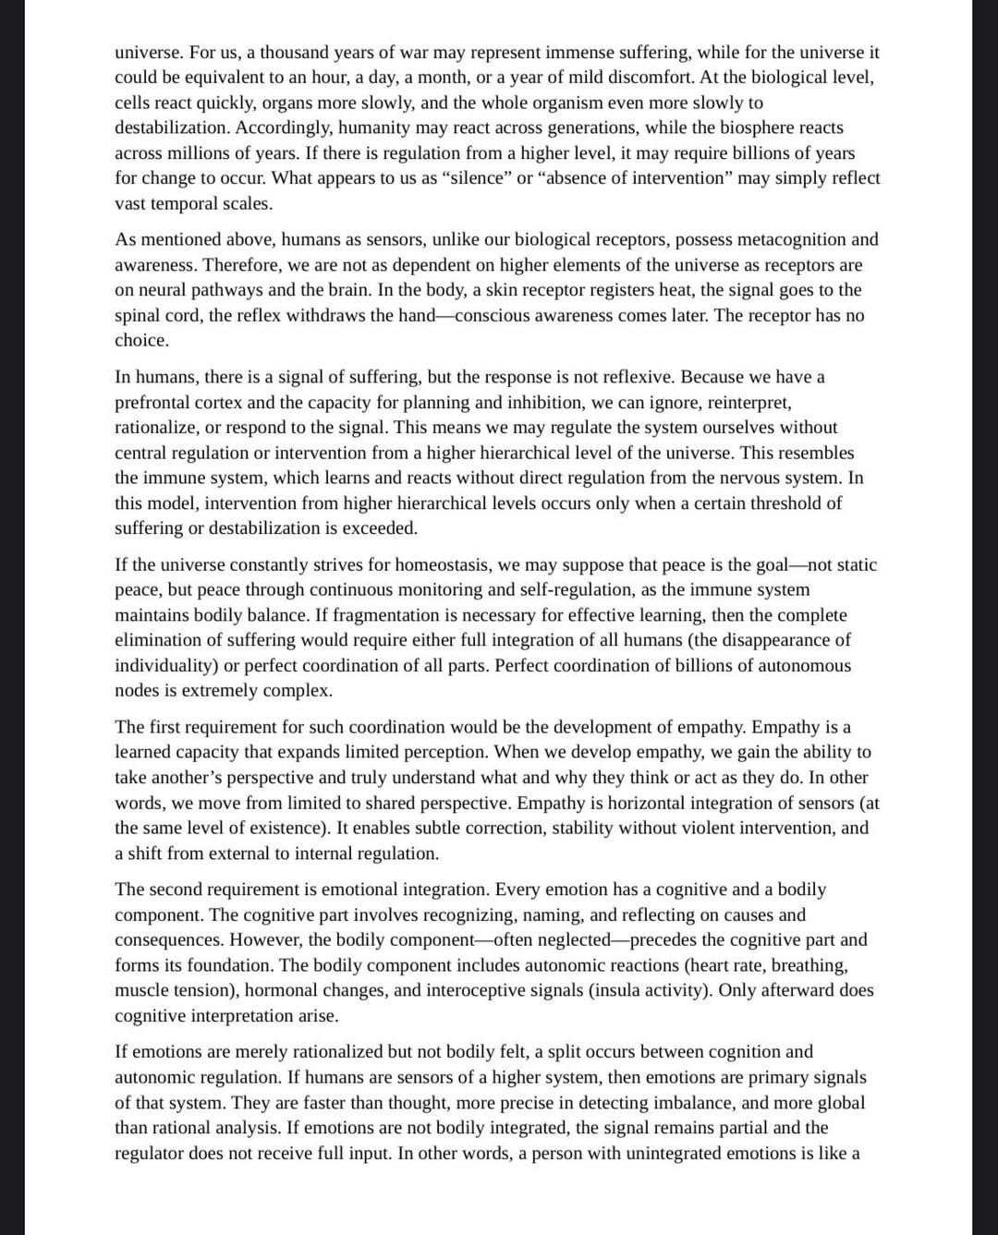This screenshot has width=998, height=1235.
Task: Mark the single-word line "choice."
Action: click(141, 341)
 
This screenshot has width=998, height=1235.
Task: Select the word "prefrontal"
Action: click(153, 403)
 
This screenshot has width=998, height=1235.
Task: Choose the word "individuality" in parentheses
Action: click(166, 666)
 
